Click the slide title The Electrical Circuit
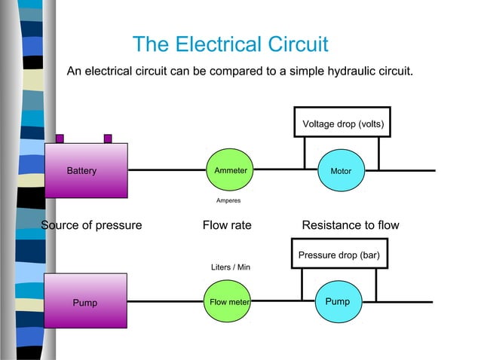pyautogui.click(x=230, y=44)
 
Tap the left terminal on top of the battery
pyautogui.click(x=60, y=139)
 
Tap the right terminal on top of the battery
pyautogui.click(x=108, y=139)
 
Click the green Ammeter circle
pyautogui.click(x=231, y=171)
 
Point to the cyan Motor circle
pyautogui.click(x=341, y=171)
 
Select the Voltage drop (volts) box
pyautogui.click(x=342, y=123)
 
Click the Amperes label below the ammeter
pyautogui.click(x=228, y=200)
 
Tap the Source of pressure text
pyautogui.click(x=91, y=225)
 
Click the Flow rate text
pyautogui.click(x=227, y=225)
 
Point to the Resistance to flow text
pyautogui.click(x=351, y=225)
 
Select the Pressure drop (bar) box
pyautogui.click(x=339, y=255)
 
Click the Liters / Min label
pyautogui.click(x=230, y=267)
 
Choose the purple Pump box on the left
pyautogui.click(x=85, y=301)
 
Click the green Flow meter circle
pyautogui.click(x=229, y=302)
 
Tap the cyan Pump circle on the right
pyautogui.click(x=337, y=301)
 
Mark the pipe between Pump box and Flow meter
pyautogui.click(x=166, y=301)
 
